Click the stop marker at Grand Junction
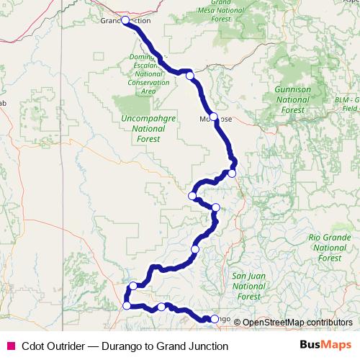(125, 21)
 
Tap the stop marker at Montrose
(213, 117)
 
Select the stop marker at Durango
(214, 318)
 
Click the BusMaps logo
(325, 345)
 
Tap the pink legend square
(11, 346)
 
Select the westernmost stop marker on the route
(127, 305)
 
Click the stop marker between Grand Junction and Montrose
(189, 76)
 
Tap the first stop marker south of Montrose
(233, 173)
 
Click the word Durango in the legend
(125, 346)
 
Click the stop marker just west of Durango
(161, 307)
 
